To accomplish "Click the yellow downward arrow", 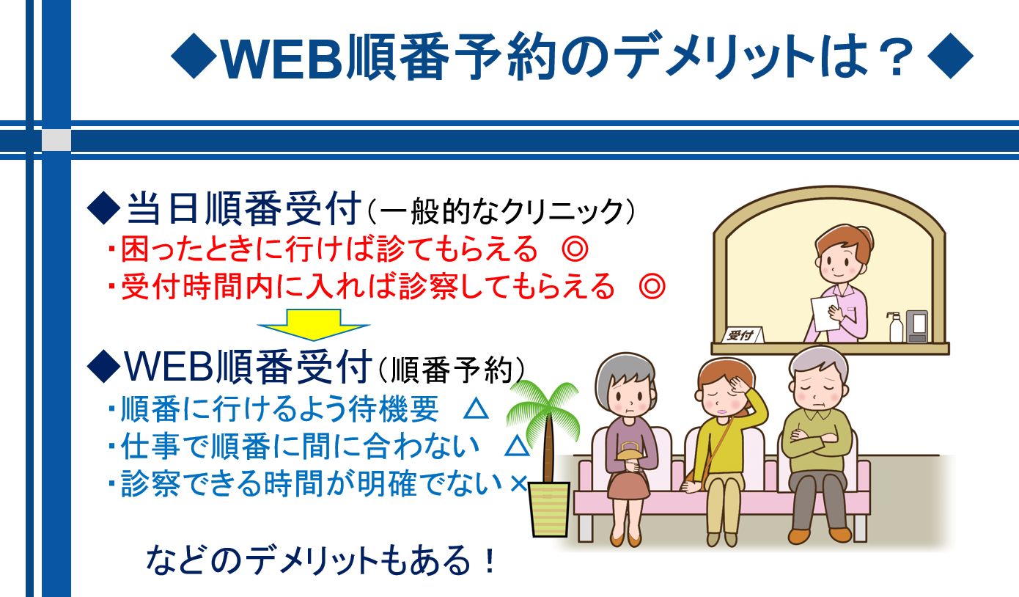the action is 314,324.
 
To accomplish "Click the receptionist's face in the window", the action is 839,260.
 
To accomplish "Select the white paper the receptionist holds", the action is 825,313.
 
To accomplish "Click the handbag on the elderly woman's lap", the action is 630,453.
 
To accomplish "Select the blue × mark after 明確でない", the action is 518,484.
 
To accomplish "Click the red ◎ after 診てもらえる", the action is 575,249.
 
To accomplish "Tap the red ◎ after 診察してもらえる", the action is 652,286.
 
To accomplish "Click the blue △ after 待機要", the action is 477,409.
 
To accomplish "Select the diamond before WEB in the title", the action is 194,56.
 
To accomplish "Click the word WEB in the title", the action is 282,58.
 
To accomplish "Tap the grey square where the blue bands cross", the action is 56,139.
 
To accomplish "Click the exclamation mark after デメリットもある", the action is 490,560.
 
